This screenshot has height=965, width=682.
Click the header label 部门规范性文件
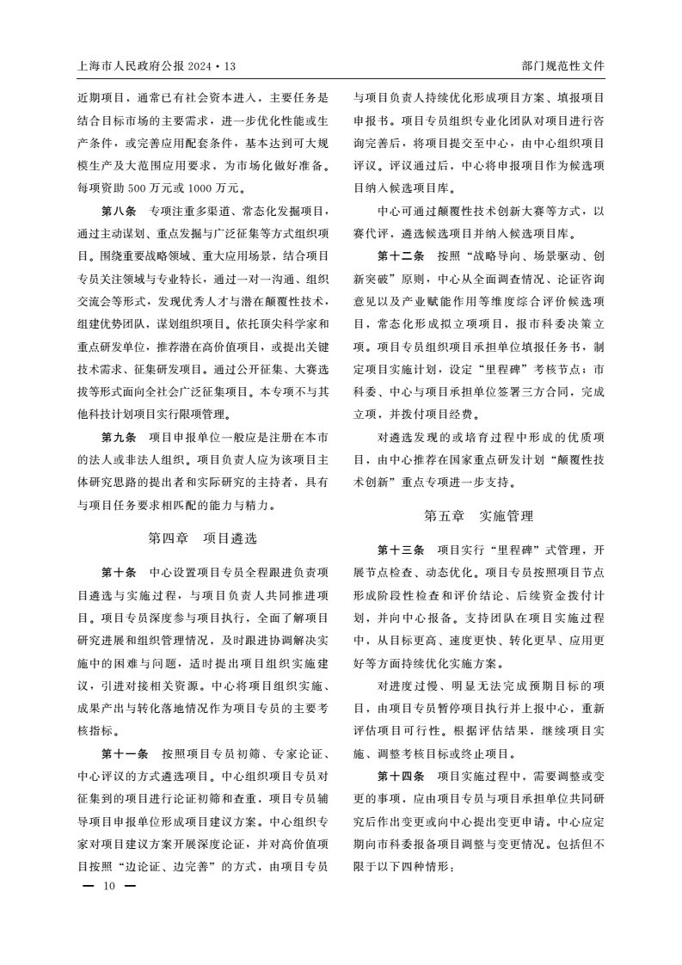pyautogui.click(x=563, y=66)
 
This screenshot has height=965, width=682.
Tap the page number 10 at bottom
pyautogui.click(x=108, y=885)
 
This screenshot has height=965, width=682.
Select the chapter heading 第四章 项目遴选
pyautogui.click(x=203, y=538)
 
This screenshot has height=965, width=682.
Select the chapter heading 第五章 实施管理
pyautogui.click(x=479, y=516)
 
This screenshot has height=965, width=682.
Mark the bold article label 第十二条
pyautogui.click(x=402, y=255)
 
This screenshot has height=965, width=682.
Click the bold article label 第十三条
pyautogui.click(x=402, y=550)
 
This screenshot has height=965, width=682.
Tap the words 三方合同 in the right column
pyautogui.click(x=543, y=390)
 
